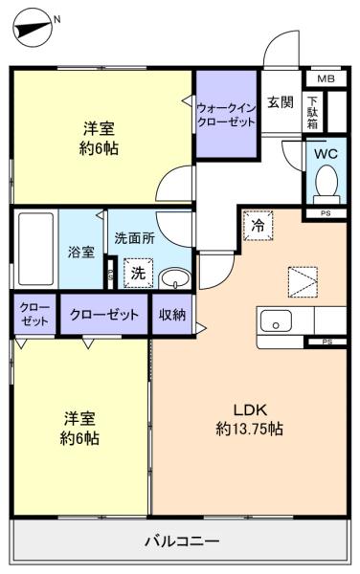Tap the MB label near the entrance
326,79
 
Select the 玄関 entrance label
280,103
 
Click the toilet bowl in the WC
326,180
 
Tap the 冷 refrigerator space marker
259,226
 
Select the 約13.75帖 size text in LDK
249,430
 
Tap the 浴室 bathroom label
81,253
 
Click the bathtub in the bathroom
35,247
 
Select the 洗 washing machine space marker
138,274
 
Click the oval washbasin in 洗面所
173,278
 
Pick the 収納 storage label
172,315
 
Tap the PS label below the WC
326,213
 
